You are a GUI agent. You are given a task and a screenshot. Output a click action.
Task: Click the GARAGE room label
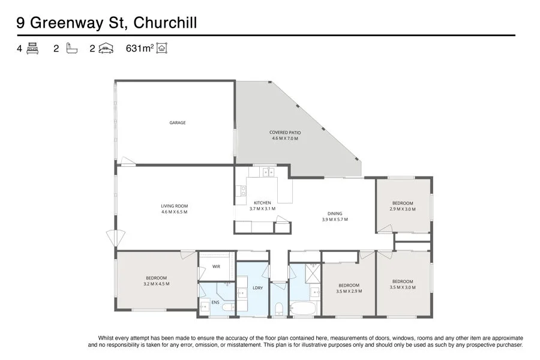pyautogui.click(x=177, y=122)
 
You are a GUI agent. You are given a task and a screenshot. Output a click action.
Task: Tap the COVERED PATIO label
pyautogui.click(x=285, y=132)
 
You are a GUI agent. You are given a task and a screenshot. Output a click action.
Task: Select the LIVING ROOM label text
pyautogui.click(x=174, y=206)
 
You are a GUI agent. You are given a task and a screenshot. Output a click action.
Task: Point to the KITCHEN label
pyautogui.click(x=262, y=203)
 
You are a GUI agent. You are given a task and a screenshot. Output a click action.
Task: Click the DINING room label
pyautogui.click(x=335, y=213)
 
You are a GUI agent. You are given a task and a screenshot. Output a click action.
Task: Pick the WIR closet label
pyautogui.click(x=216, y=266)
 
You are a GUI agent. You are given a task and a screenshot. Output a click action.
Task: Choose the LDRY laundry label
pyautogui.click(x=258, y=288)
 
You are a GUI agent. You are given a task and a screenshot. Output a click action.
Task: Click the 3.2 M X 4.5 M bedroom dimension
pyautogui.click(x=157, y=284)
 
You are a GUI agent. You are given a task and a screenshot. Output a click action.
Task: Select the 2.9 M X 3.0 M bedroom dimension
pyautogui.click(x=403, y=209)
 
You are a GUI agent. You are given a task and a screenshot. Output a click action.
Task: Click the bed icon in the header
pyautogui.click(x=32, y=49)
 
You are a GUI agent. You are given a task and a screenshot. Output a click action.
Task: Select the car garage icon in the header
pyautogui.click(x=106, y=49)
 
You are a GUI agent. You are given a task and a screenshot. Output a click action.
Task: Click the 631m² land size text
pyautogui.click(x=140, y=49)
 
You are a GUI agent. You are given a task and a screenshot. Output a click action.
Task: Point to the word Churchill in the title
pyautogui.click(x=165, y=23)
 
